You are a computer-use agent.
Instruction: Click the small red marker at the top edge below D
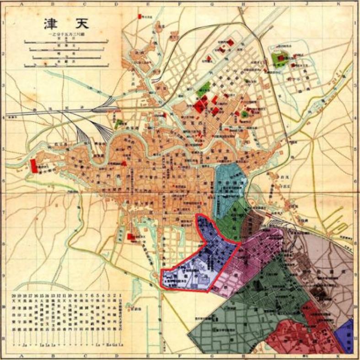(x=140, y=16)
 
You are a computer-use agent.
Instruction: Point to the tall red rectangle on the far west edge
(x=33, y=165)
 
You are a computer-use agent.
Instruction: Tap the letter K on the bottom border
(x=339, y=355)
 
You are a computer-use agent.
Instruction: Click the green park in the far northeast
(x=278, y=58)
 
